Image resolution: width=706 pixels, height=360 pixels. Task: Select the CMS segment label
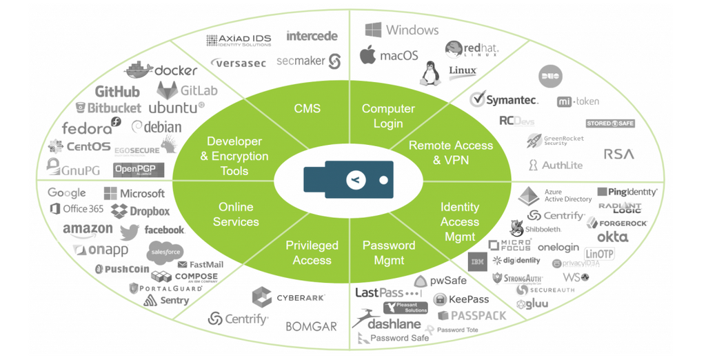point(307,108)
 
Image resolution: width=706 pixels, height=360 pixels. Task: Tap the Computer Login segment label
point(388,116)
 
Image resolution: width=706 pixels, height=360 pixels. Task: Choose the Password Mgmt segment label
point(389,252)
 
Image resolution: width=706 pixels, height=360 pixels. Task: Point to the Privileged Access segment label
point(312,252)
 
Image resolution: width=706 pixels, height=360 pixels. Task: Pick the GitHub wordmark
point(117,92)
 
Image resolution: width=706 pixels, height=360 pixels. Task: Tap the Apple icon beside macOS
point(368,55)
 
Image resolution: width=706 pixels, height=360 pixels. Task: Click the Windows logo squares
point(373,30)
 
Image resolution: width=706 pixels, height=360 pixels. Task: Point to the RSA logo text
point(618,154)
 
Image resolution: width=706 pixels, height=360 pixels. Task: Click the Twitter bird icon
point(129,231)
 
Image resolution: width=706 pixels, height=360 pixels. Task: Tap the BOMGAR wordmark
point(311,326)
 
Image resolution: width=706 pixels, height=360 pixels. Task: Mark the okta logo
point(612,237)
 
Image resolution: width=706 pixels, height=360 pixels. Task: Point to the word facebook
point(164,230)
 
